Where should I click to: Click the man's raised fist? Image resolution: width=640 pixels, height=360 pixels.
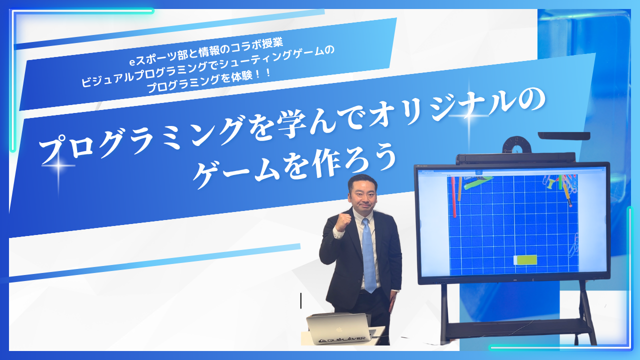[x=343, y=221]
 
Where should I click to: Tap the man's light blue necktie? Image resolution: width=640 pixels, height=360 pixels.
[x=368, y=255]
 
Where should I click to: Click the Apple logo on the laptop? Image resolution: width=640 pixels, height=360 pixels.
[x=339, y=330]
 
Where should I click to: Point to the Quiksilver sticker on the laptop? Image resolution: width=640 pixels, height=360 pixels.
[x=341, y=339]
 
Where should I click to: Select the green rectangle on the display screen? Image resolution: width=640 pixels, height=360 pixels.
[x=525, y=260]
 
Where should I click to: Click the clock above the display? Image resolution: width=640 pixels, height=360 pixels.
[x=517, y=145]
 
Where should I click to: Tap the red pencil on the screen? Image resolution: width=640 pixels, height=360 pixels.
[x=453, y=197]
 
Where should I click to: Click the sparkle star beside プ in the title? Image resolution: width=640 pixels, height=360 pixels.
[x=58, y=165]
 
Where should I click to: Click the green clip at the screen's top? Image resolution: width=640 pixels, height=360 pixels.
[x=477, y=183]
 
